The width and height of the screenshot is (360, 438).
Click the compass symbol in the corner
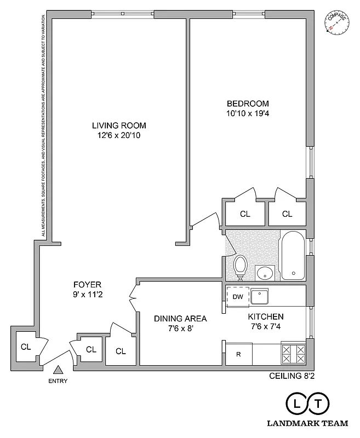tap(336, 24)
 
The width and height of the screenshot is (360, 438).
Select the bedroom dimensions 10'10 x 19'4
tap(248, 114)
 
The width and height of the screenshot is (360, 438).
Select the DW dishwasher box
tap(238, 297)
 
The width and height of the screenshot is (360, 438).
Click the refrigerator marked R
tap(238, 354)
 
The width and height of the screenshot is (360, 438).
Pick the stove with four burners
tap(294, 354)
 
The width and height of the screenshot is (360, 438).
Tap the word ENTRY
tap(58, 382)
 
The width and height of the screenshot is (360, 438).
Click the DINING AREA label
tap(180, 318)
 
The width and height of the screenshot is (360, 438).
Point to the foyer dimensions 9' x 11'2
tap(88, 294)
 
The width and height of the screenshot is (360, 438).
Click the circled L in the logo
tap(297, 404)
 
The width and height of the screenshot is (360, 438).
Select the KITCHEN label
tap(266, 317)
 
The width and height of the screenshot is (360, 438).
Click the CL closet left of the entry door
tap(26, 347)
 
